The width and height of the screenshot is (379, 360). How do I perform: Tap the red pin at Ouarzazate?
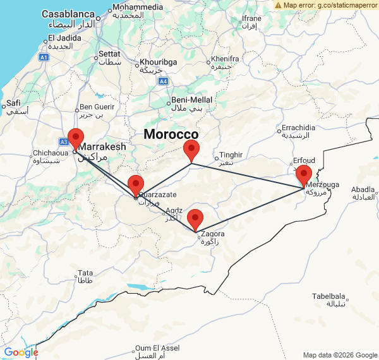coord(136,186)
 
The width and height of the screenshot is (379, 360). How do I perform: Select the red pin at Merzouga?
coord(304,175)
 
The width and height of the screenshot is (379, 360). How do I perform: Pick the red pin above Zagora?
coord(195,219)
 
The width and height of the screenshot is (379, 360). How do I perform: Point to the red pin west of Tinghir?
coord(191,151)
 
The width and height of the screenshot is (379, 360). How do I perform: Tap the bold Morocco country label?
coord(171,135)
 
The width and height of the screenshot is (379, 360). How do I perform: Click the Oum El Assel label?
coord(157,348)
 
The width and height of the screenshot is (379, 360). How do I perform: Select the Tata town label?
coord(85,273)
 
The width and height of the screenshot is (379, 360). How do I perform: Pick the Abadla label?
coord(363,189)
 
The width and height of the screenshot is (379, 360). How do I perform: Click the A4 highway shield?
coord(163,81)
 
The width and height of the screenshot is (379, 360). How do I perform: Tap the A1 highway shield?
coord(44,57)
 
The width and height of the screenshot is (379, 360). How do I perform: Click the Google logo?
coord(21,352)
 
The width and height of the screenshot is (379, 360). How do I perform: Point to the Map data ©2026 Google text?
coord(339,355)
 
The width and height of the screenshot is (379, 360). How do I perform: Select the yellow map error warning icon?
coord(279,4)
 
